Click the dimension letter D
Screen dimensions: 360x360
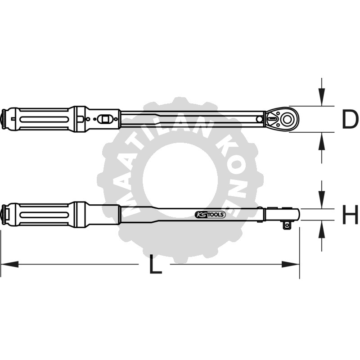(x=349, y=120)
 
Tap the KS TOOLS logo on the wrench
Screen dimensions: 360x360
(x=210, y=215)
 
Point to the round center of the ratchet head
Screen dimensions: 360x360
(x=286, y=120)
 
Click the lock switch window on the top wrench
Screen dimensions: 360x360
(x=106, y=119)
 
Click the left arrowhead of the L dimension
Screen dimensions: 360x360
(x=9, y=264)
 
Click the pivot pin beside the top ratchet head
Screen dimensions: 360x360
(x=260, y=119)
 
